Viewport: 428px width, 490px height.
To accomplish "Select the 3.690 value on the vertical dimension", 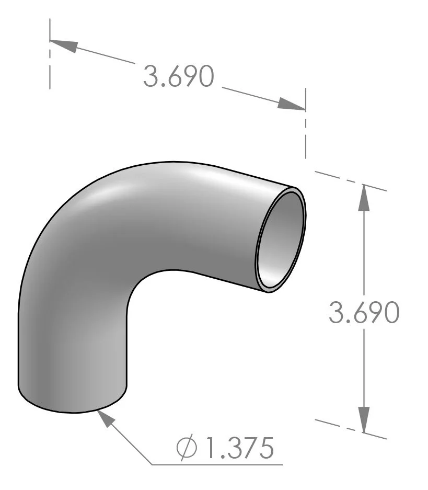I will tap(364, 313).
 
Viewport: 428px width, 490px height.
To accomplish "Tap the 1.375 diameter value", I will tap(240, 448).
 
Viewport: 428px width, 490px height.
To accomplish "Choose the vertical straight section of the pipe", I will tap(73, 356).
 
